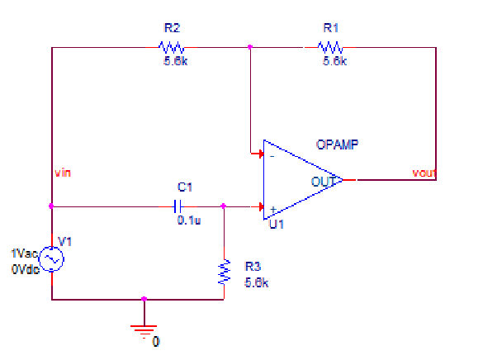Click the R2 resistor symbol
(x=174, y=47)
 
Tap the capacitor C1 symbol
(x=177, y=206)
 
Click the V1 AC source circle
(x=51, y=258)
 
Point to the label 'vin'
(x=63, y=173)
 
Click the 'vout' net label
(x=424, y=173)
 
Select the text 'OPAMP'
(x=336, y=144)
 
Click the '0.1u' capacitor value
(x=189, y=220)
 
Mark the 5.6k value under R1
(x=334, y=61)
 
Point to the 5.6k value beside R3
(x=257, y=282)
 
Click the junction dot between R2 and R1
(x=249, y=47)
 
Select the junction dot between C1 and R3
(x=224, y=206)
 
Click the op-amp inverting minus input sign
(x=271, y=155)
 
